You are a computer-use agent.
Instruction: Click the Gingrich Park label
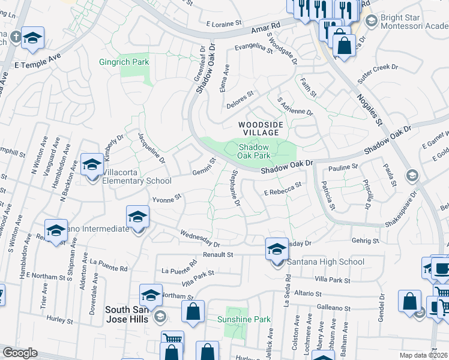coord(124,62)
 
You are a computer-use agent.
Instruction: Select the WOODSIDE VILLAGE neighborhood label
coord(260,128)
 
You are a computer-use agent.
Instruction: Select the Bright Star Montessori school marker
coord(371,21)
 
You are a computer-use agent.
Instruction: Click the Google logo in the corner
coord(20,352)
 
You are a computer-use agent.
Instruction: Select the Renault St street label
coord(216,254)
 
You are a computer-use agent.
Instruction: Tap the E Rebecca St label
coord(282,190)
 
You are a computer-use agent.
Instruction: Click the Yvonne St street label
coord(167,199)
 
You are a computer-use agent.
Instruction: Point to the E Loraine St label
coord(223,25)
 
